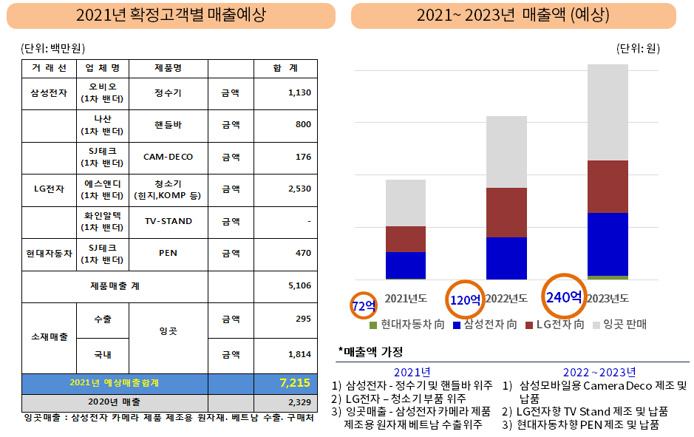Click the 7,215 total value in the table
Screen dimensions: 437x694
tap(294, 383)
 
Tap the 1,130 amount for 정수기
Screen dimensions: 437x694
tap(299, 92)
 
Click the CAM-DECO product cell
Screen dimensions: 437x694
tap(168, 157)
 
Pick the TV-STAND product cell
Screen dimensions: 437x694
tap(168, 221)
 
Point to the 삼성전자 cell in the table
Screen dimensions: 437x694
tap(50, 93)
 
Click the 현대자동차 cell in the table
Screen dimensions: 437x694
tap(50, 253)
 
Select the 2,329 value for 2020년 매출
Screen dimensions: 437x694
tap(299, 402)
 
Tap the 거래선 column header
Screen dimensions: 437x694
tap(50, 68)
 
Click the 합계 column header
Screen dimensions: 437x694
tap(285, 68)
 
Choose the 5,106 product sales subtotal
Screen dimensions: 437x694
tap(299, 285)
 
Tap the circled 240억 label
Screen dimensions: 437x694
tap(565, 297)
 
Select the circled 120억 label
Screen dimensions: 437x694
tap(466, 299)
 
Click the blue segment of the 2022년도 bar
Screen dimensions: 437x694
tap(506, 257)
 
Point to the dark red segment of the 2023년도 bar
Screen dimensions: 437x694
tap(607, 186)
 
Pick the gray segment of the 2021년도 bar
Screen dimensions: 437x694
tap(405, 203)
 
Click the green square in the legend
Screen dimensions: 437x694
tap(374, 325)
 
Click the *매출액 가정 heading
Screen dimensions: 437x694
tap(371, 351)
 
